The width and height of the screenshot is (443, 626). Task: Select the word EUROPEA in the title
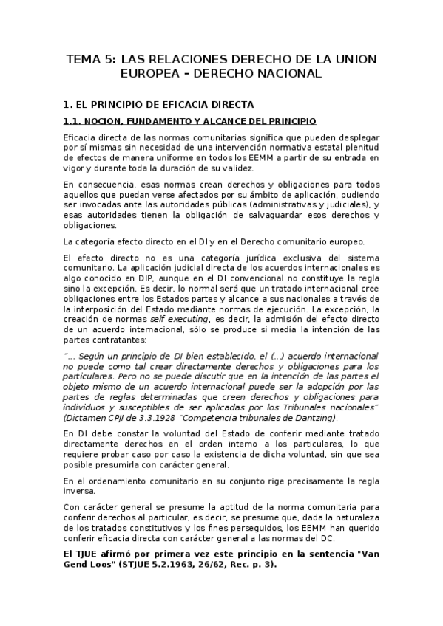coord(152,74)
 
